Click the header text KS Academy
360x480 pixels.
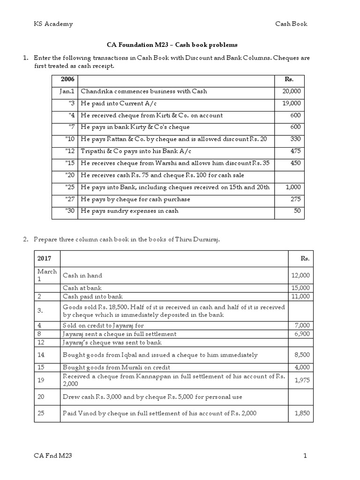click(53, 24)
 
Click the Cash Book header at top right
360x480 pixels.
click(291, 24)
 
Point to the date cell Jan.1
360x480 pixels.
click(66, 91)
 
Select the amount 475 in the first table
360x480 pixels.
click(295, 151)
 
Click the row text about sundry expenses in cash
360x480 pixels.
click(130, 211)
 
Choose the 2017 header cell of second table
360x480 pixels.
click(45, 258)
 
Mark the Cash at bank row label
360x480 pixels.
click(82, 288)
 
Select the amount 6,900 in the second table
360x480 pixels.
click(302, 334)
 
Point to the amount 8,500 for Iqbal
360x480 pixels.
click(302, 355)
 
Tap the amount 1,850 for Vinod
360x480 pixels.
click(302, 413)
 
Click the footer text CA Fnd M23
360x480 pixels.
click(53, 456)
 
